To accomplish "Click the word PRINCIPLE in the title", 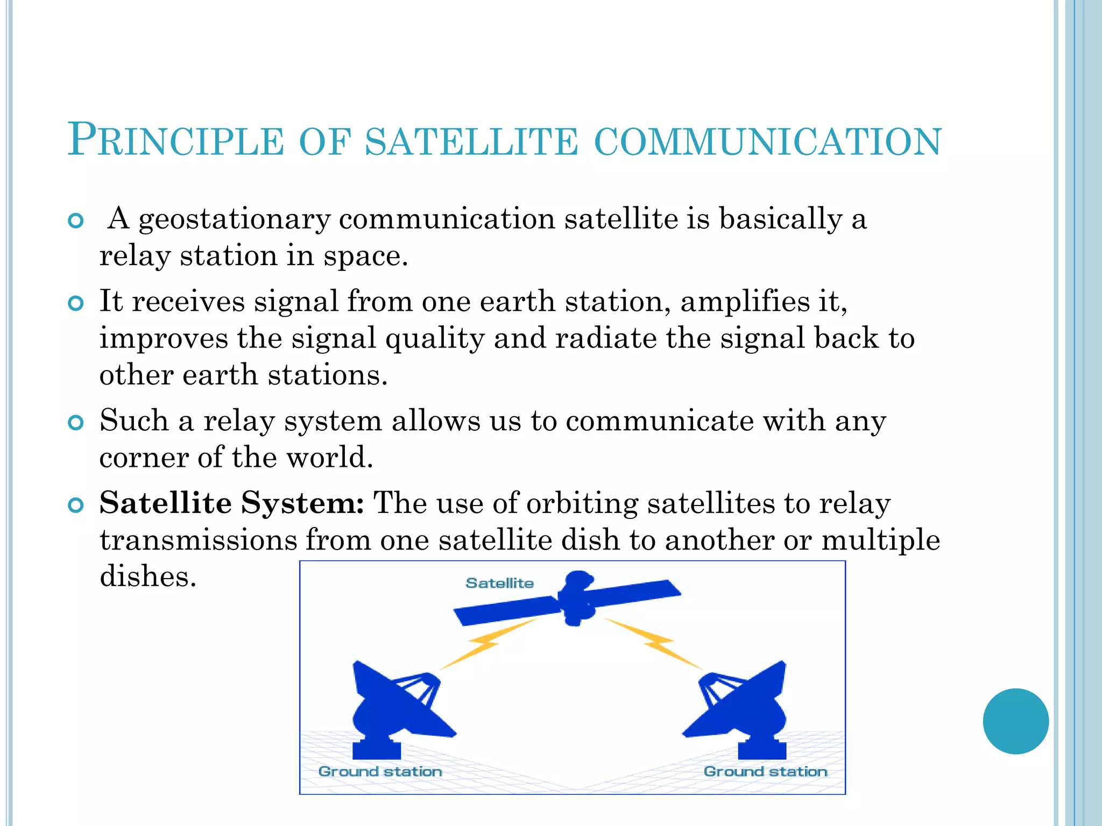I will [175, 141].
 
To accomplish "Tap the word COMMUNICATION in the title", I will [768, 142].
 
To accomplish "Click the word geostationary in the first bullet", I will [234, 219].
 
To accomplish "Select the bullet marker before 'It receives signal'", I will [76, 303].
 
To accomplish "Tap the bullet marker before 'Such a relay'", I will [76, 423].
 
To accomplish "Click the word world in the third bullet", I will [329, 458].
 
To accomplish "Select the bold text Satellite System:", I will [232, 503].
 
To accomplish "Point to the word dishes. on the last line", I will [148, 576].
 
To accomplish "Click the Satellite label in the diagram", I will [499, 583].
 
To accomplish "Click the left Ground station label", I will [380, 772].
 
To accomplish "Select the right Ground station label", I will [765, 772].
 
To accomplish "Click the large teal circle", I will [1015, 721].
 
